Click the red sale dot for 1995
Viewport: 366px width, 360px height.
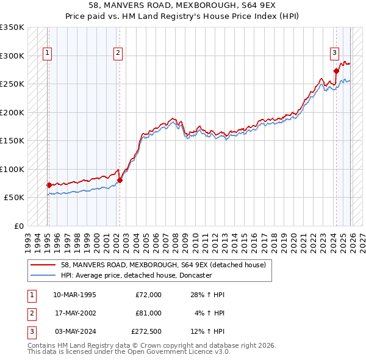(x=49, y=185)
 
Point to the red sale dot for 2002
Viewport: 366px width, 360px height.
(x=120, y=180)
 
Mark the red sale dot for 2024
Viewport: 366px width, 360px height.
(x=336, y=71)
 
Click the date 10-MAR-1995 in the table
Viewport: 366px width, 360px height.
(x=74, y=295)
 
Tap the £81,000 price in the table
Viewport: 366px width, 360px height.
(x=148, y=313)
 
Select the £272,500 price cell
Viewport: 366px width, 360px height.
(x=146, y=331)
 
